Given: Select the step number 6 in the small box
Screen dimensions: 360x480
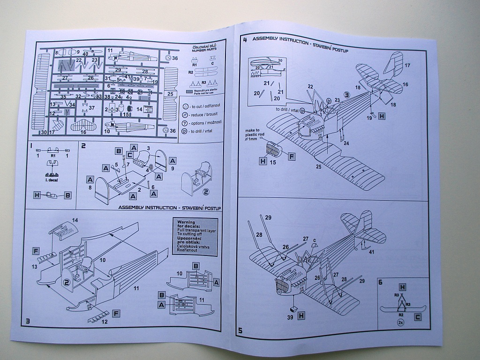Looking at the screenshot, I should tap(380, 282).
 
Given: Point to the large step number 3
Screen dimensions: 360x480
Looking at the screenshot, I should tap(28, 321).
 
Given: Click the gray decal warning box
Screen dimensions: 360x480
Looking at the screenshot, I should tap(195, 237).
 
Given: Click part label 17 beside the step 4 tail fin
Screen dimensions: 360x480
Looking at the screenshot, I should tap(407, 65).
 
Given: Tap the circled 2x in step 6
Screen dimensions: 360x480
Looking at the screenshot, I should tap(400, 323).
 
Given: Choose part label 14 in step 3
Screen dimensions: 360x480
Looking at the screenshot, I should tap(75, 220).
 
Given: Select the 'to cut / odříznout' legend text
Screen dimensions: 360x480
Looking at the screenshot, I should tap(203, 107).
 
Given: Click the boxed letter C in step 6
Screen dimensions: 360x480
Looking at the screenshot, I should tap(417, 317).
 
